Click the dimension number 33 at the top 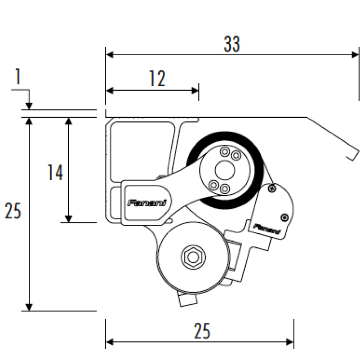pyautogui.click(x=231, y=44)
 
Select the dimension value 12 pyautogui.click(x=157, y=78)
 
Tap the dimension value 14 pyautogui.click(x=55, y=173)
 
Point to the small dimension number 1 pyautogui.click(x=18, y=76)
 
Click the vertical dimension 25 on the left pyautogui.click(x=13, y=210)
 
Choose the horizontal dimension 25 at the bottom pyautogui.click(x=202, y=331)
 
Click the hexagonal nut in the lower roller pyautogui.click(x=193, y=257)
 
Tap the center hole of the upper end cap pyautogui.click(x=225, y=170)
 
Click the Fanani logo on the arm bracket pyautogui.click(x=147, y=203)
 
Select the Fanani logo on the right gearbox pyautogui.click(x=267, y=229)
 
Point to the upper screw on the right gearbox pyautogui.click(x=272, y=189)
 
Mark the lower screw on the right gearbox pyautogui.click(x=285, y=217)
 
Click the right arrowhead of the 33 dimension pyautogui.click(x=355, y=55)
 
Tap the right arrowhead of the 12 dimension pyautogui.click(x=195, y=91)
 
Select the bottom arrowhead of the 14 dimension pyautogui.click(x=69, y=219)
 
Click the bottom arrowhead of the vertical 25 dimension pyautogui.click(x=29, y=307)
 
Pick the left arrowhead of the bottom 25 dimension pyautogui.click(x=110, y=342)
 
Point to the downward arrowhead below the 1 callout pyautogui.click(x=29, y=106)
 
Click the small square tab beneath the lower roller pyautogui.click(x=187, y=300)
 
